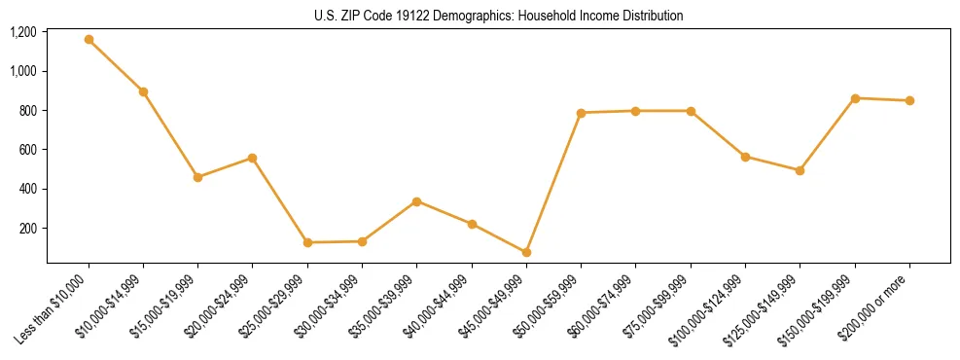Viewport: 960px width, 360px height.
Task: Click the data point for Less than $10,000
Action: coord(89,40)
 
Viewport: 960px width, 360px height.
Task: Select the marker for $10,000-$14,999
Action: coord(143,91)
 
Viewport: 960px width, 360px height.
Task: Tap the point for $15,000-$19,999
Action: coord(197,177)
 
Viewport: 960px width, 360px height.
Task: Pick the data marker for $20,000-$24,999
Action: coord(252,158)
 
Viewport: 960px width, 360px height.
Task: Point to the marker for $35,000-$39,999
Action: coord(416,201)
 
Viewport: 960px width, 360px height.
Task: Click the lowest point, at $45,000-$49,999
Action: coord(526,252)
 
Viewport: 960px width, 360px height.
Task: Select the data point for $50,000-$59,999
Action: coord(581,113)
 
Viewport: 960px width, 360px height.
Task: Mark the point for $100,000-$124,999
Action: coord(745,157)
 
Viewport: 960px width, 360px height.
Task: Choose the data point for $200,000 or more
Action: coord(909,100)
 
